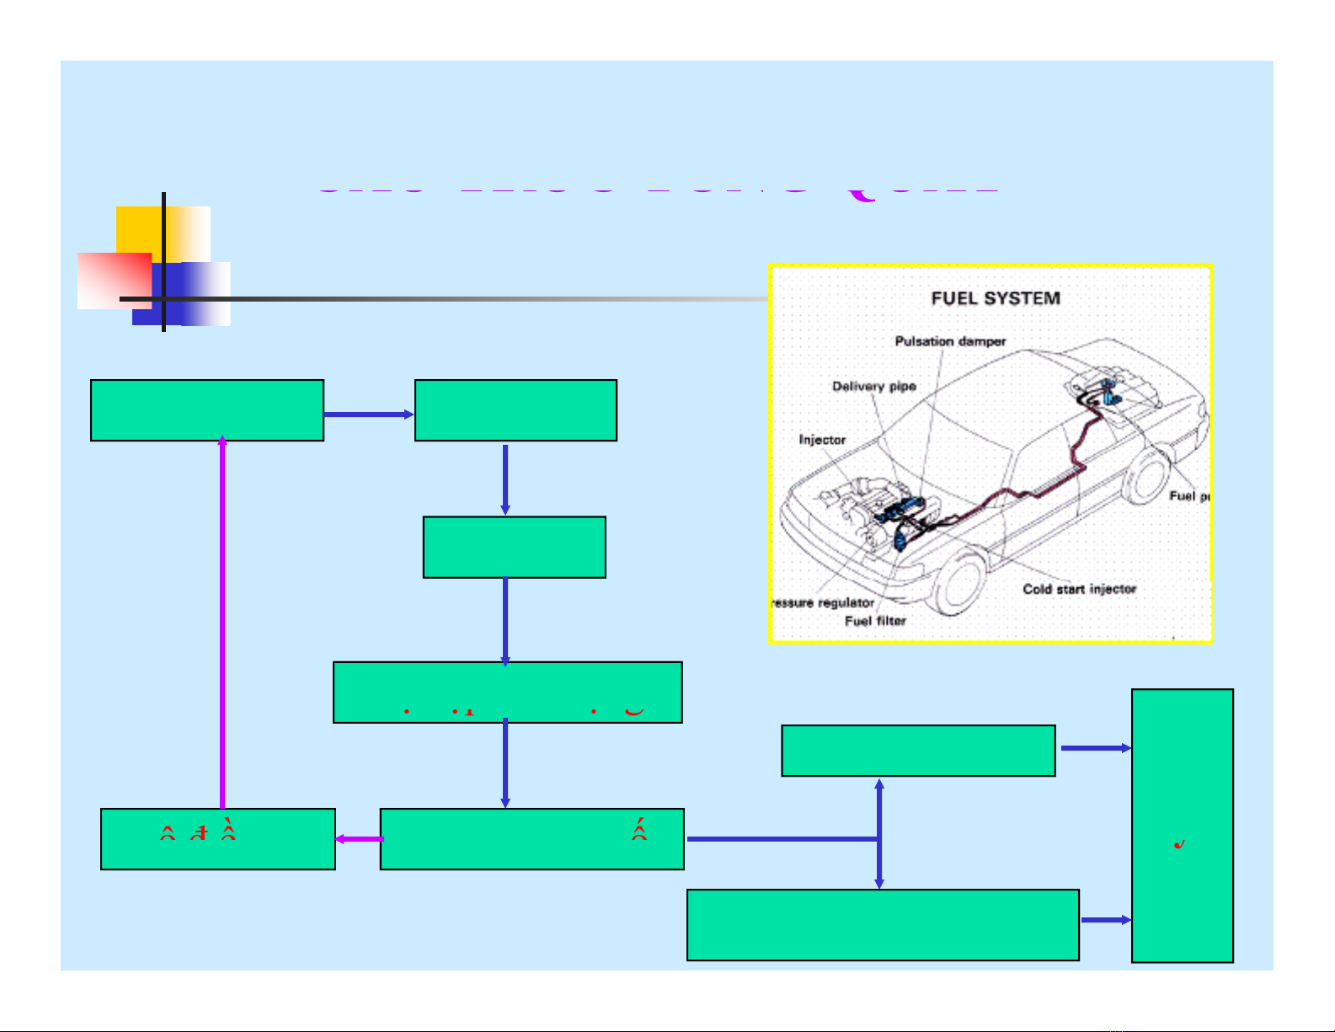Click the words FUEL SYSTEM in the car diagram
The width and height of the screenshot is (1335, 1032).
(996, 298)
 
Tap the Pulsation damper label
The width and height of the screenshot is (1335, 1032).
(950, 341)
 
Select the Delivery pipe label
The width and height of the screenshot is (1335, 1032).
(873, 387)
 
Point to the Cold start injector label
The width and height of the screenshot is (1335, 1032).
(1079, 589)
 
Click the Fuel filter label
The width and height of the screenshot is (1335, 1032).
(875, 621)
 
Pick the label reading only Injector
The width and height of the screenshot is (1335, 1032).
(822, 440)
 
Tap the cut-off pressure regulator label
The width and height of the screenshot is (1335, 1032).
(825, 603)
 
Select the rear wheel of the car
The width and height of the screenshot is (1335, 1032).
(1146, 477)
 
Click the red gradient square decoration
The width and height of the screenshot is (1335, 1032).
(114, 281)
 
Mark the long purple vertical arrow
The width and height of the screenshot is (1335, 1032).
(222, 623)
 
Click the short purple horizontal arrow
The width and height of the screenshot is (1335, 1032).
(359, 839)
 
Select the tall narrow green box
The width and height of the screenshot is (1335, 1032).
(1182, 826)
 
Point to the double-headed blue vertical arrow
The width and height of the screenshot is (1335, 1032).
(879, 833)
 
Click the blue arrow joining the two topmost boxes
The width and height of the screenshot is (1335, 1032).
(369, 414)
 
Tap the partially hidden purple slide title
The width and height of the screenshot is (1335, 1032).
(657, 190)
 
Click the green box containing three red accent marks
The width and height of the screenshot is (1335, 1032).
(217, 839)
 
